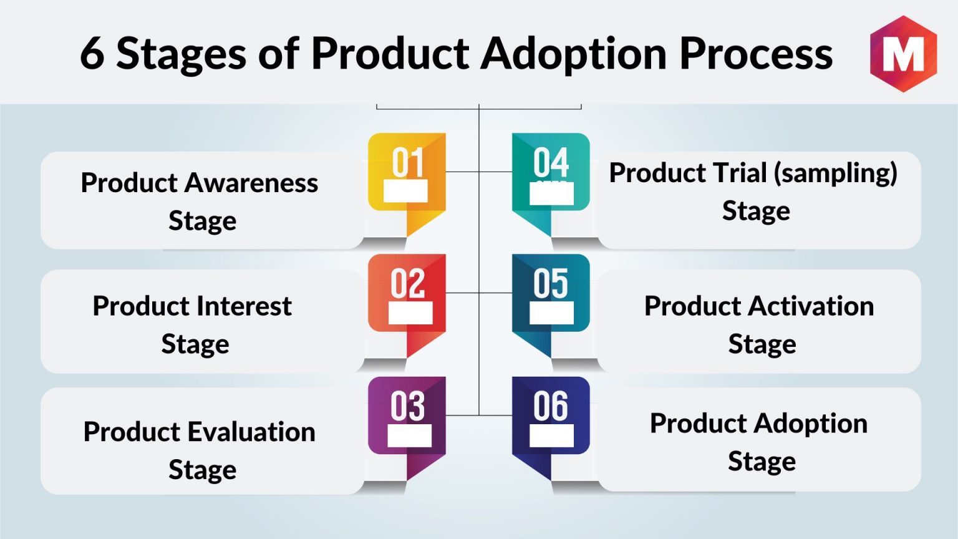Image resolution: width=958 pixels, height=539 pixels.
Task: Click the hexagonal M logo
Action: click(903, 54)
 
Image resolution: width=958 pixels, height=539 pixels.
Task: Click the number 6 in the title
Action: click(92, 54)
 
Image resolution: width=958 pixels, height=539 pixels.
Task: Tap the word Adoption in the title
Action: click(574, 54)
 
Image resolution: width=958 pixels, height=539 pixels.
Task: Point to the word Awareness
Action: click(252, 183)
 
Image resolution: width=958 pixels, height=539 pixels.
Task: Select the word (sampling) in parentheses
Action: click(835, 173)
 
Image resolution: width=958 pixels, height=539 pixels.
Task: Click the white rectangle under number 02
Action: click(410, 313)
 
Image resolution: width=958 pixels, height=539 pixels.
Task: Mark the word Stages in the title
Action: click(181, 54)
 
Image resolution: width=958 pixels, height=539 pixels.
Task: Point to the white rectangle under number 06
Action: click(551, 435)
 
